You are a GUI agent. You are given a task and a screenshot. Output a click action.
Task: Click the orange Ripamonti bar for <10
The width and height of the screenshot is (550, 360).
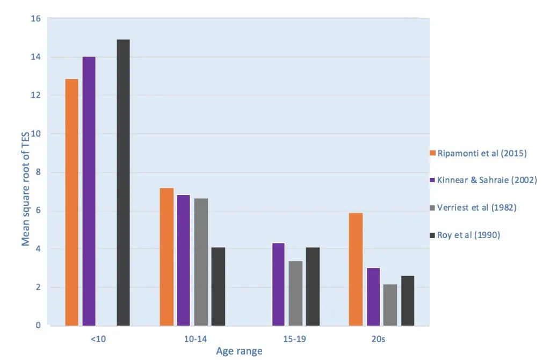coord(72,202)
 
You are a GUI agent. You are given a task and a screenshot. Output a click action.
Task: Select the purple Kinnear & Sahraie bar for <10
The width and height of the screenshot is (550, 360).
coord(89,191)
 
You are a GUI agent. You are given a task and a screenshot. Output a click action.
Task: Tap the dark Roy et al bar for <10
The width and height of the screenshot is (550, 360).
coord(123,183)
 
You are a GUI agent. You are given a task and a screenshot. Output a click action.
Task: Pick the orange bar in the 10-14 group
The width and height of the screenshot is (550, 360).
coord(167,257)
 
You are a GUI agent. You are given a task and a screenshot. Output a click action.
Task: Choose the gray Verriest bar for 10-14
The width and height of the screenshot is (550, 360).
coord(201,262)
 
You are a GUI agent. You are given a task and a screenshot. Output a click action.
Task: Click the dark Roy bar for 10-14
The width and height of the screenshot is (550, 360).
coord(218,286)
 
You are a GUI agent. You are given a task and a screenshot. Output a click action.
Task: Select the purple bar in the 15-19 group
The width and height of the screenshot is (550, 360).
coord(279,284)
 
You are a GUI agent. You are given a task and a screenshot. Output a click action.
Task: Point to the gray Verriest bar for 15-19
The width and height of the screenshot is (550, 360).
coord(296,293)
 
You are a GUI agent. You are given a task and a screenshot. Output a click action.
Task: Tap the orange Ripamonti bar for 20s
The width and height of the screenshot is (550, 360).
coord(356,269)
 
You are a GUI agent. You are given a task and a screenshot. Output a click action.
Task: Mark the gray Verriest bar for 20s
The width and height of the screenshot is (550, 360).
coord(390,305)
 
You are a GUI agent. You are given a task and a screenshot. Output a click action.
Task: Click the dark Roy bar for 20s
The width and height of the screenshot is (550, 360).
coord(408,301)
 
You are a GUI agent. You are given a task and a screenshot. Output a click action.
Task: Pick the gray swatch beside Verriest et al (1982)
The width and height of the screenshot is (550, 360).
coord(432,208)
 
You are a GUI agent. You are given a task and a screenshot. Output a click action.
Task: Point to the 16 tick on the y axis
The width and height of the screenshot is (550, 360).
coord(36,19)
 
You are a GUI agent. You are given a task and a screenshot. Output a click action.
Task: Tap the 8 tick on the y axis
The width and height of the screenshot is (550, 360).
coord(38,172)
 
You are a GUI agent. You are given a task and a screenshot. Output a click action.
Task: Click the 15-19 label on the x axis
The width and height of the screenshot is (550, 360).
coord(294,339)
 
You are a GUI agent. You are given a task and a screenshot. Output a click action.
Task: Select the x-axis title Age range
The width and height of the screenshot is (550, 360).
coord(239,351)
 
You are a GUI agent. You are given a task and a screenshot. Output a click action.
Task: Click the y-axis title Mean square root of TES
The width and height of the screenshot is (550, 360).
coord(25,189)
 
